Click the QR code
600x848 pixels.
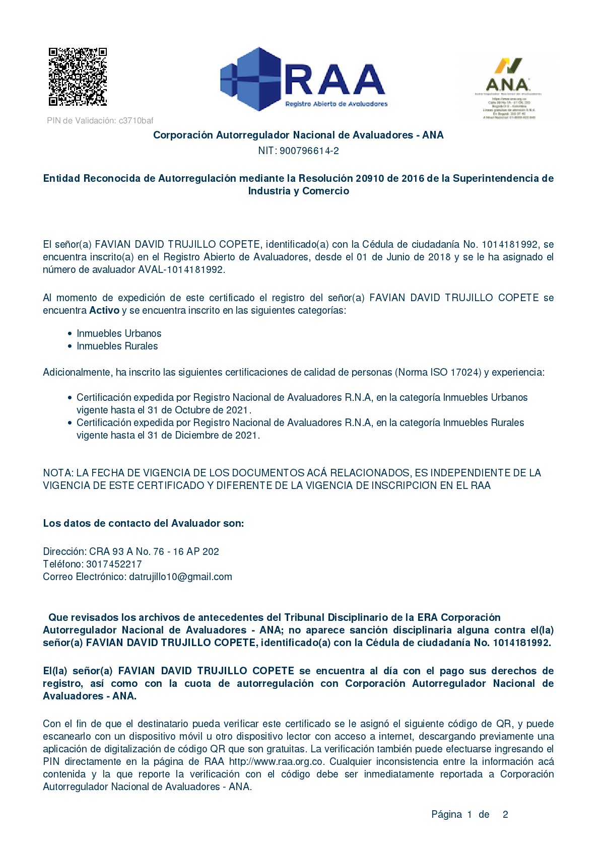pyautogui.click(x=78, y=77)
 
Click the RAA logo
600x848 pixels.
pyautogui.click(x=303, y=79)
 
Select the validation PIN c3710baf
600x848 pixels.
pyautogui.click(x=136, y=120)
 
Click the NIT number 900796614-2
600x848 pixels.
pyautogui.click(x=309, y=151)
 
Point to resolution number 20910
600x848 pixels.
pyautogui.click(x=370, y=178)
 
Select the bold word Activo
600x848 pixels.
pyautogui.click(x=104, y=310)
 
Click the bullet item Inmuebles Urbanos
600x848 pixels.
pyautogui.click(x=119, y=333)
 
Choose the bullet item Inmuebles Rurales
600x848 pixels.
pyautogui.click(x=117, y=346)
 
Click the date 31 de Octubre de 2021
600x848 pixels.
pyautogui.click(x=199, y=410)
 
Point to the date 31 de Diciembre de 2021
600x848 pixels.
pyautogui.click(x=203, y=435)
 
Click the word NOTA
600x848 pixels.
pyautogui.click(x=58, y=473)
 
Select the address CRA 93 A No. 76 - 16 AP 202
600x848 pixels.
pyautogui.click(x=154, y=551)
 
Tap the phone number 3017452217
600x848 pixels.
pyautogui.click(x=114, y=564)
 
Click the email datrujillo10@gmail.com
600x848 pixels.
pyautogui.click(x=180, y=577)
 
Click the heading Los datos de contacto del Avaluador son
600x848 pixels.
pyautogui.click(x=143, y=523)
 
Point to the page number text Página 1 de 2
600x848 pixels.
pyautogui.click(x=470, y=814)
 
